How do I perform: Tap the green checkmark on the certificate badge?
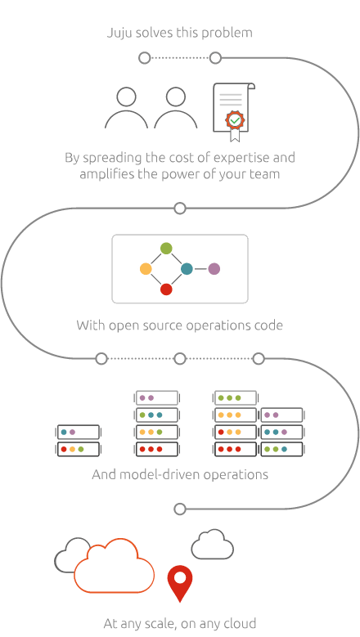tap(235, 120)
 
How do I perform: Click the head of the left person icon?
tap(126, 96)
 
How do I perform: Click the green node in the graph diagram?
tap(166, 249)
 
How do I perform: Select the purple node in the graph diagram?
tap(214, 268)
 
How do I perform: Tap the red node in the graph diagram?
tap(166, 289)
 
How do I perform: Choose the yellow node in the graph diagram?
tap(146, 268)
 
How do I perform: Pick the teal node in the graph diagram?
tap(187, 268)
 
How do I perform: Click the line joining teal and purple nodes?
tap(200, 268)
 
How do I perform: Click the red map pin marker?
tap(180, 580)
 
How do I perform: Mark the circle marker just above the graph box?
tap(180, 209)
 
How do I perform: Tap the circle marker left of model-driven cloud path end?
tap(180, 509)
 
